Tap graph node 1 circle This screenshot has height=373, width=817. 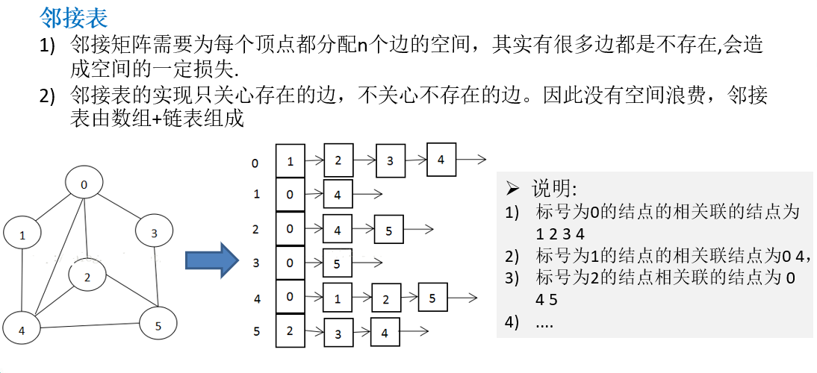pyautogui.click(x=23, y=235)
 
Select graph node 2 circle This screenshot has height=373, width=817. pyautogui.click(x=87, y=278)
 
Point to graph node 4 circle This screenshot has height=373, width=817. pyautogui.click(x=22, y=330)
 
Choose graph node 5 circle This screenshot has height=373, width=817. pyautogui.click(x=158, y=325)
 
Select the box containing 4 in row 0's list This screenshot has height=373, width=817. pyautogui.click(x=441, y=159)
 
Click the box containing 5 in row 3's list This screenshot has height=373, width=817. pyautogui.click(x=338, y=263)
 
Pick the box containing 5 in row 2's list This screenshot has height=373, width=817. pyautogui.click(x=388, y=231)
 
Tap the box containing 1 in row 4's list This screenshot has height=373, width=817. pyautogui.click(x=338, y=299)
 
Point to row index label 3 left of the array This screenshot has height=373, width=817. pyautogui.click(x=256, y=263)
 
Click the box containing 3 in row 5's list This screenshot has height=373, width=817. pyautogui.click(x=338, y=333)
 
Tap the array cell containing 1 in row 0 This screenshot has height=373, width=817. pyautogui.click(x=290, y=160)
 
